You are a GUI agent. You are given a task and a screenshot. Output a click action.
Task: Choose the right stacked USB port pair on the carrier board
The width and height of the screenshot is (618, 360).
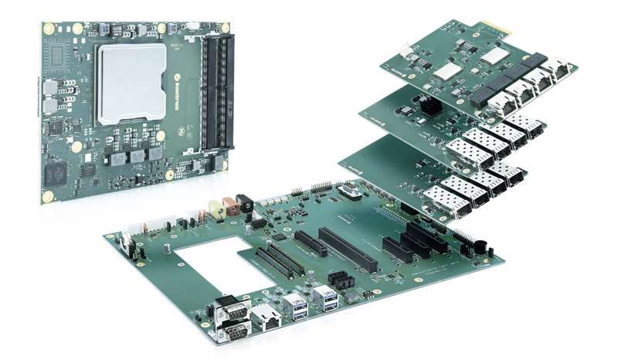(325, 297)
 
